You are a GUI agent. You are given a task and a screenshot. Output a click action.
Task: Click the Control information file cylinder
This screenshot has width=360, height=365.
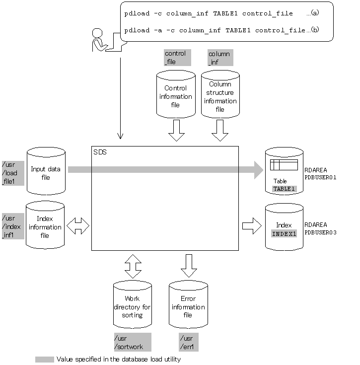176,94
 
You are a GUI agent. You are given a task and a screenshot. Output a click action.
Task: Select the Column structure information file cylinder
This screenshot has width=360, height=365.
220,94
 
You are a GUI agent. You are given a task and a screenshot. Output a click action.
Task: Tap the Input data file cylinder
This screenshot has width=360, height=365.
46,171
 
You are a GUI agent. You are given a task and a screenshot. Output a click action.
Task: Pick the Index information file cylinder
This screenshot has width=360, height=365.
45,225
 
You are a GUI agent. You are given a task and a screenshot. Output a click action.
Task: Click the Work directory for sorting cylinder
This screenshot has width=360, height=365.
133,304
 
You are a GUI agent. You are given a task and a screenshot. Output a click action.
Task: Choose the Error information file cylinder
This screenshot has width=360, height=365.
188,304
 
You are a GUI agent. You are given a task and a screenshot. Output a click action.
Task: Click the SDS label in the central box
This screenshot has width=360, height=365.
100,152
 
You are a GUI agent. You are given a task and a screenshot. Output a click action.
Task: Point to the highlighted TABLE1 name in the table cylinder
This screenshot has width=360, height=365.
284,189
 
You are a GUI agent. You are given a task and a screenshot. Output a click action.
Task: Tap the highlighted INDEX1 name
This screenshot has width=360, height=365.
284,234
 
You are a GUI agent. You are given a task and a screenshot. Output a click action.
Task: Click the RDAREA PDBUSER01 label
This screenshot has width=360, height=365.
320,174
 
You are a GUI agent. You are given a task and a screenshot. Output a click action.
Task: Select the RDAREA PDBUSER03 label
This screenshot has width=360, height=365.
320,228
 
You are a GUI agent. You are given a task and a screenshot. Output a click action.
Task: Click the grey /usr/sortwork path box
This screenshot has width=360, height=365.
133,342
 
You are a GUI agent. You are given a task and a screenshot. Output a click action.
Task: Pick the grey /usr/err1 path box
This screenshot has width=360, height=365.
189,342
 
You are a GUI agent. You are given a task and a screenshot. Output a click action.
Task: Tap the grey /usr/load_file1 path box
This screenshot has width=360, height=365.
13,173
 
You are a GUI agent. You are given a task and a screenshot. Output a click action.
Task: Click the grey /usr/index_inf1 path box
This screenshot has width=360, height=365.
13,226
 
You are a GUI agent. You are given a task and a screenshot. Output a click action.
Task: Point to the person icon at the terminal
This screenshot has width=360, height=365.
100,40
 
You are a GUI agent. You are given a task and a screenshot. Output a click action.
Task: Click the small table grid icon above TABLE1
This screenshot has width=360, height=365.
284,165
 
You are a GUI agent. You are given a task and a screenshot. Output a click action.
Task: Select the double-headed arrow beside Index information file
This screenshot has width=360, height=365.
78,226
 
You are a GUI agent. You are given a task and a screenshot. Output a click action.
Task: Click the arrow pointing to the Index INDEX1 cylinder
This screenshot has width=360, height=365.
252,226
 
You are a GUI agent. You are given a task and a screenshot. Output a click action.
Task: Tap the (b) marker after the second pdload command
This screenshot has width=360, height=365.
315,30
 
